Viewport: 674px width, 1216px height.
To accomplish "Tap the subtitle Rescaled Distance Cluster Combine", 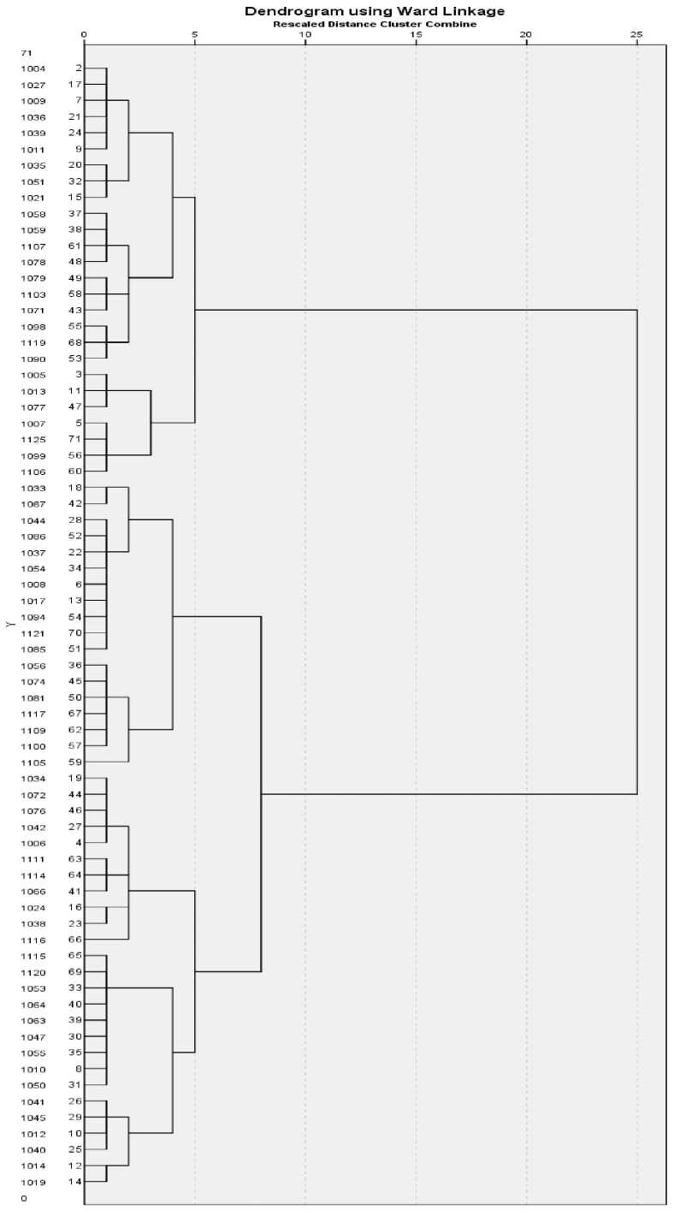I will click(x=375, y=24).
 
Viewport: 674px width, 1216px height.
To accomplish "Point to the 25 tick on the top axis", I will click(x=636, y=34).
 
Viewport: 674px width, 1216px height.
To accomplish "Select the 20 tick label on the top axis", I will click(x=526, y=34).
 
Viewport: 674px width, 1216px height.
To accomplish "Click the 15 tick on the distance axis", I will click(x=416, y=34).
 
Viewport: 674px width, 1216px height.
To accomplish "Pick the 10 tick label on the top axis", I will click(x=304, y=34).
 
